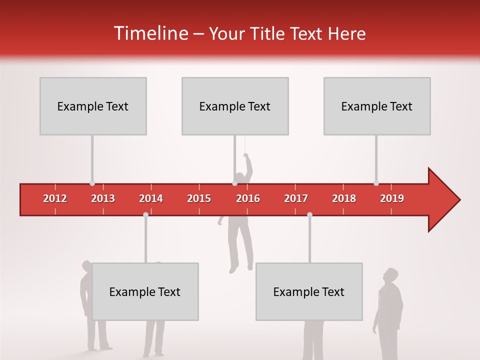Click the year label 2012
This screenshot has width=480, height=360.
click(55, 198)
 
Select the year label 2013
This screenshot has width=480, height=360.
click(103, 198)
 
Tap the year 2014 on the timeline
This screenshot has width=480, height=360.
click(151, 198)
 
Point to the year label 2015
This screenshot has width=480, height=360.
click(199, 198)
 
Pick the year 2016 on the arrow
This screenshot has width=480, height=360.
click(248, 198)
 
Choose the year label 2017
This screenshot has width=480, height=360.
click(296, 198)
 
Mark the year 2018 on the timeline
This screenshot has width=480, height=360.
click(344, 198)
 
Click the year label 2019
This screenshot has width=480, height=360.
click(392, 198)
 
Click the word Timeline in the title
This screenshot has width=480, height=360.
click(150, 33)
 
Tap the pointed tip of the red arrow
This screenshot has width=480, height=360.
click(458, 200)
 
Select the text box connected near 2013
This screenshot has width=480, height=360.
click(93, 106)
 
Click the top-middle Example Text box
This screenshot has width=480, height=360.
click(235, 106)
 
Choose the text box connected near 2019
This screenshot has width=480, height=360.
click(377, 106)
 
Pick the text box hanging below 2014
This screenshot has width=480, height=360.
click(145, 291)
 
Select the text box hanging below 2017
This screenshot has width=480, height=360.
click(309, 291)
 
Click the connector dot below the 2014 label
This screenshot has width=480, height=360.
click(145, 214)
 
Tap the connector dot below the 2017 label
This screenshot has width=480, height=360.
click(309, 214)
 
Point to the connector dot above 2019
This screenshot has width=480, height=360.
click(376, 183)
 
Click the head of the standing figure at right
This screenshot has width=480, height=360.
click(390, 275)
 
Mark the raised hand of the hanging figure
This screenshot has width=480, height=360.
click(245, 156)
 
